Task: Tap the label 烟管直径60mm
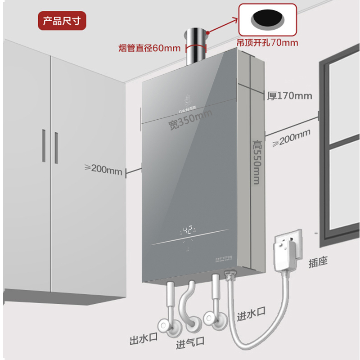(x=149, y=48)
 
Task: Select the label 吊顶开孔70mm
(x=267, y=43)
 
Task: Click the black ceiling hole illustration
(x=268, y=19)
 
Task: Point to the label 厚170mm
(x=289, y=96)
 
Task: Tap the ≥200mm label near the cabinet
(x=103, y=169)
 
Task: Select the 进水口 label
(x=251, y=314)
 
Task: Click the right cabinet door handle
(x=57, y=147)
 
